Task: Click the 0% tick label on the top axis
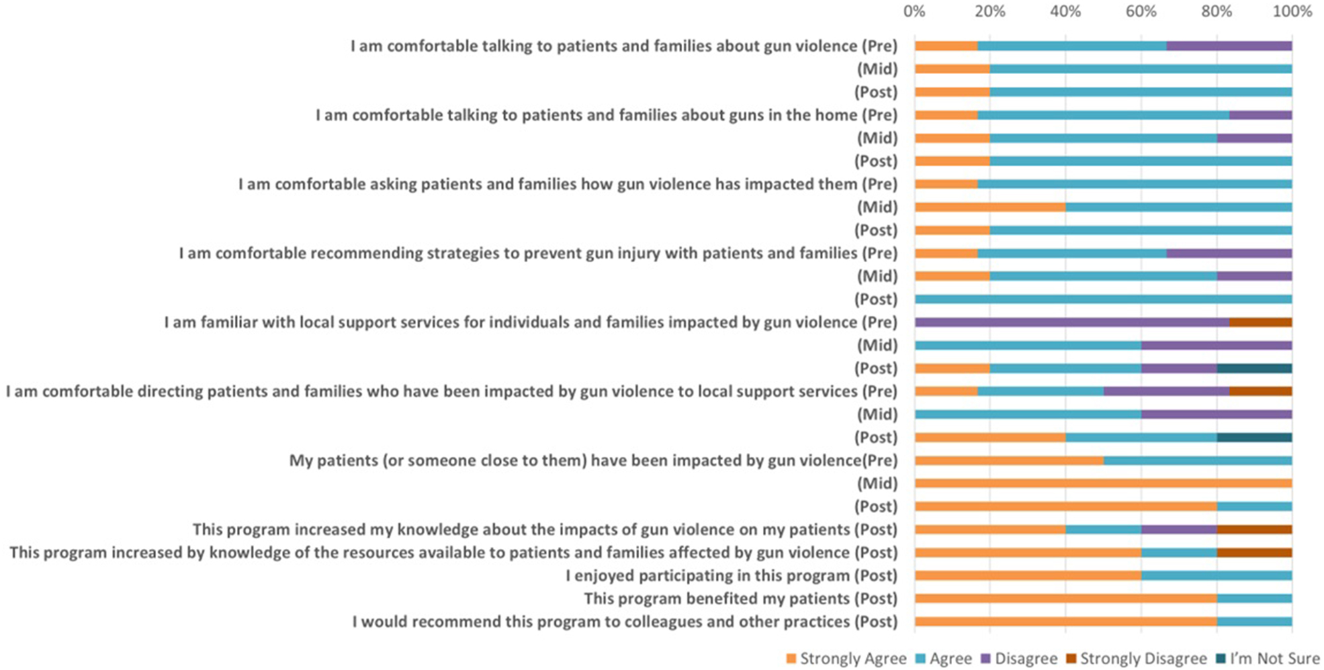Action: [x=914, y=11]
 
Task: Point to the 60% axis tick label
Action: [x=1141, y=11]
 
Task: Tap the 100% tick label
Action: [x=1292, y=11]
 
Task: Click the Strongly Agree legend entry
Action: [x=846, y=658]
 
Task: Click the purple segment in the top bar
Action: [x=1229, y=46]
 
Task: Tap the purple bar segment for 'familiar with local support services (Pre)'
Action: [x=1072, y=322]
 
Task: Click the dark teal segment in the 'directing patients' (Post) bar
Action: [x=1254, y=438]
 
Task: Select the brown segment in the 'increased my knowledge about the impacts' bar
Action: [x=1254, y=530]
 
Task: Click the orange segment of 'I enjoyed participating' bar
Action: [x=1028, y=576]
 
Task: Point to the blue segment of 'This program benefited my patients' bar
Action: [x=1254, y=598]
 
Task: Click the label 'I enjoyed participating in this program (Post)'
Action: [x=731, y=576]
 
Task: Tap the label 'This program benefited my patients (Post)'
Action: [x=740, y=598]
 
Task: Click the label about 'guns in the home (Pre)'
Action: [x=606, y=115]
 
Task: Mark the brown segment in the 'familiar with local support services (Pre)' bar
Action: [x=1260, y=322]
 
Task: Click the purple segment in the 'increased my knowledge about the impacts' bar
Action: [x=1178, y=530]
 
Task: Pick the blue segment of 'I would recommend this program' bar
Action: [x=1254, y=622]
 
